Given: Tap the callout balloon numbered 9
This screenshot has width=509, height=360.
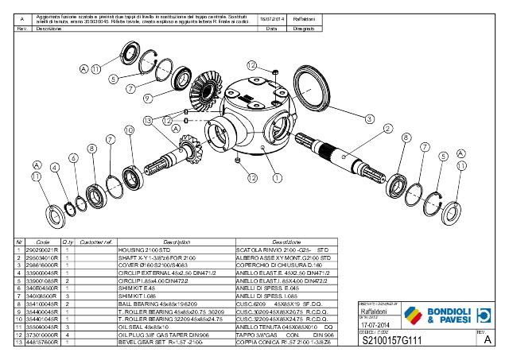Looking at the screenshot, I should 148,98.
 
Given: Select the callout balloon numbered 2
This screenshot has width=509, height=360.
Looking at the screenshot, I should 387,128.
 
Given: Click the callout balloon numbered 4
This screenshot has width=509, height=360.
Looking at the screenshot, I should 54,168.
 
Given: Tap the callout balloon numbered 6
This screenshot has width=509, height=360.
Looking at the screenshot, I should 73,158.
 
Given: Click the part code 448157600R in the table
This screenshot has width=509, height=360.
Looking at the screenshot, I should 43,353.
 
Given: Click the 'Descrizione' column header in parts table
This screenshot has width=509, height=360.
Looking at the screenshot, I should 296,242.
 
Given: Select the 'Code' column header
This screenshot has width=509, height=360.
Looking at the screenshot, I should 43,242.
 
